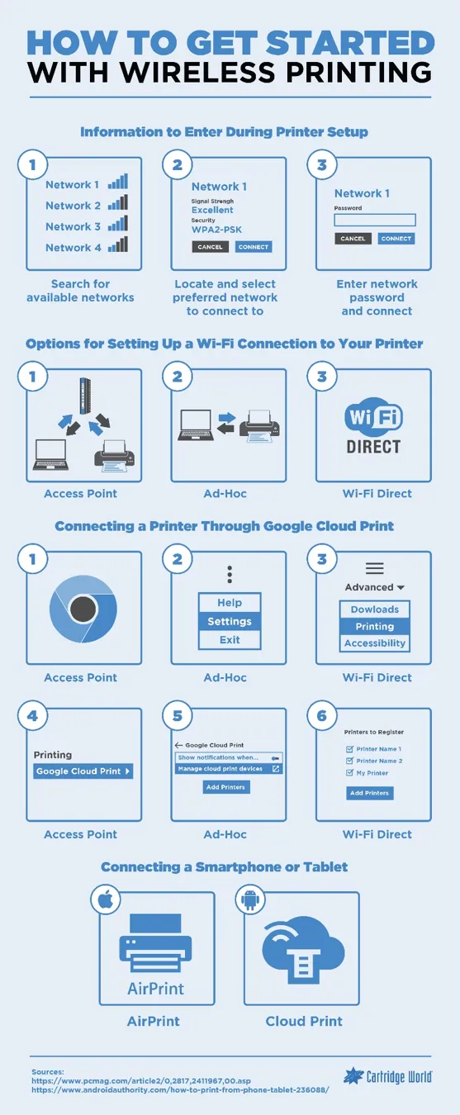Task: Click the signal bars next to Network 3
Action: tap(118, 224)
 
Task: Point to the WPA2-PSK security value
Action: tap(216, 230)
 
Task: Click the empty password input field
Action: tap(375, 221)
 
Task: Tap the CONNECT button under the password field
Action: tap(396, 239)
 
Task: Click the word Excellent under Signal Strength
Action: tap(212, 210)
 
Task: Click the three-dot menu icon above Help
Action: tap(230, 574)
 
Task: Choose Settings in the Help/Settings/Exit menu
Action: tap(230, 621)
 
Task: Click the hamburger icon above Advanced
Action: tap(375, 568)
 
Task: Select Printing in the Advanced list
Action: tap(375, 626)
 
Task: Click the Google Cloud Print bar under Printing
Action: tap(83, 771)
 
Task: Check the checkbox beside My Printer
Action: tap(349, 773)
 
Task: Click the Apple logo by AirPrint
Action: tap(105, 901)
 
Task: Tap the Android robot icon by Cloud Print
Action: tap(250, 901)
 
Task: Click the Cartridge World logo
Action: tap(387, 1076)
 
